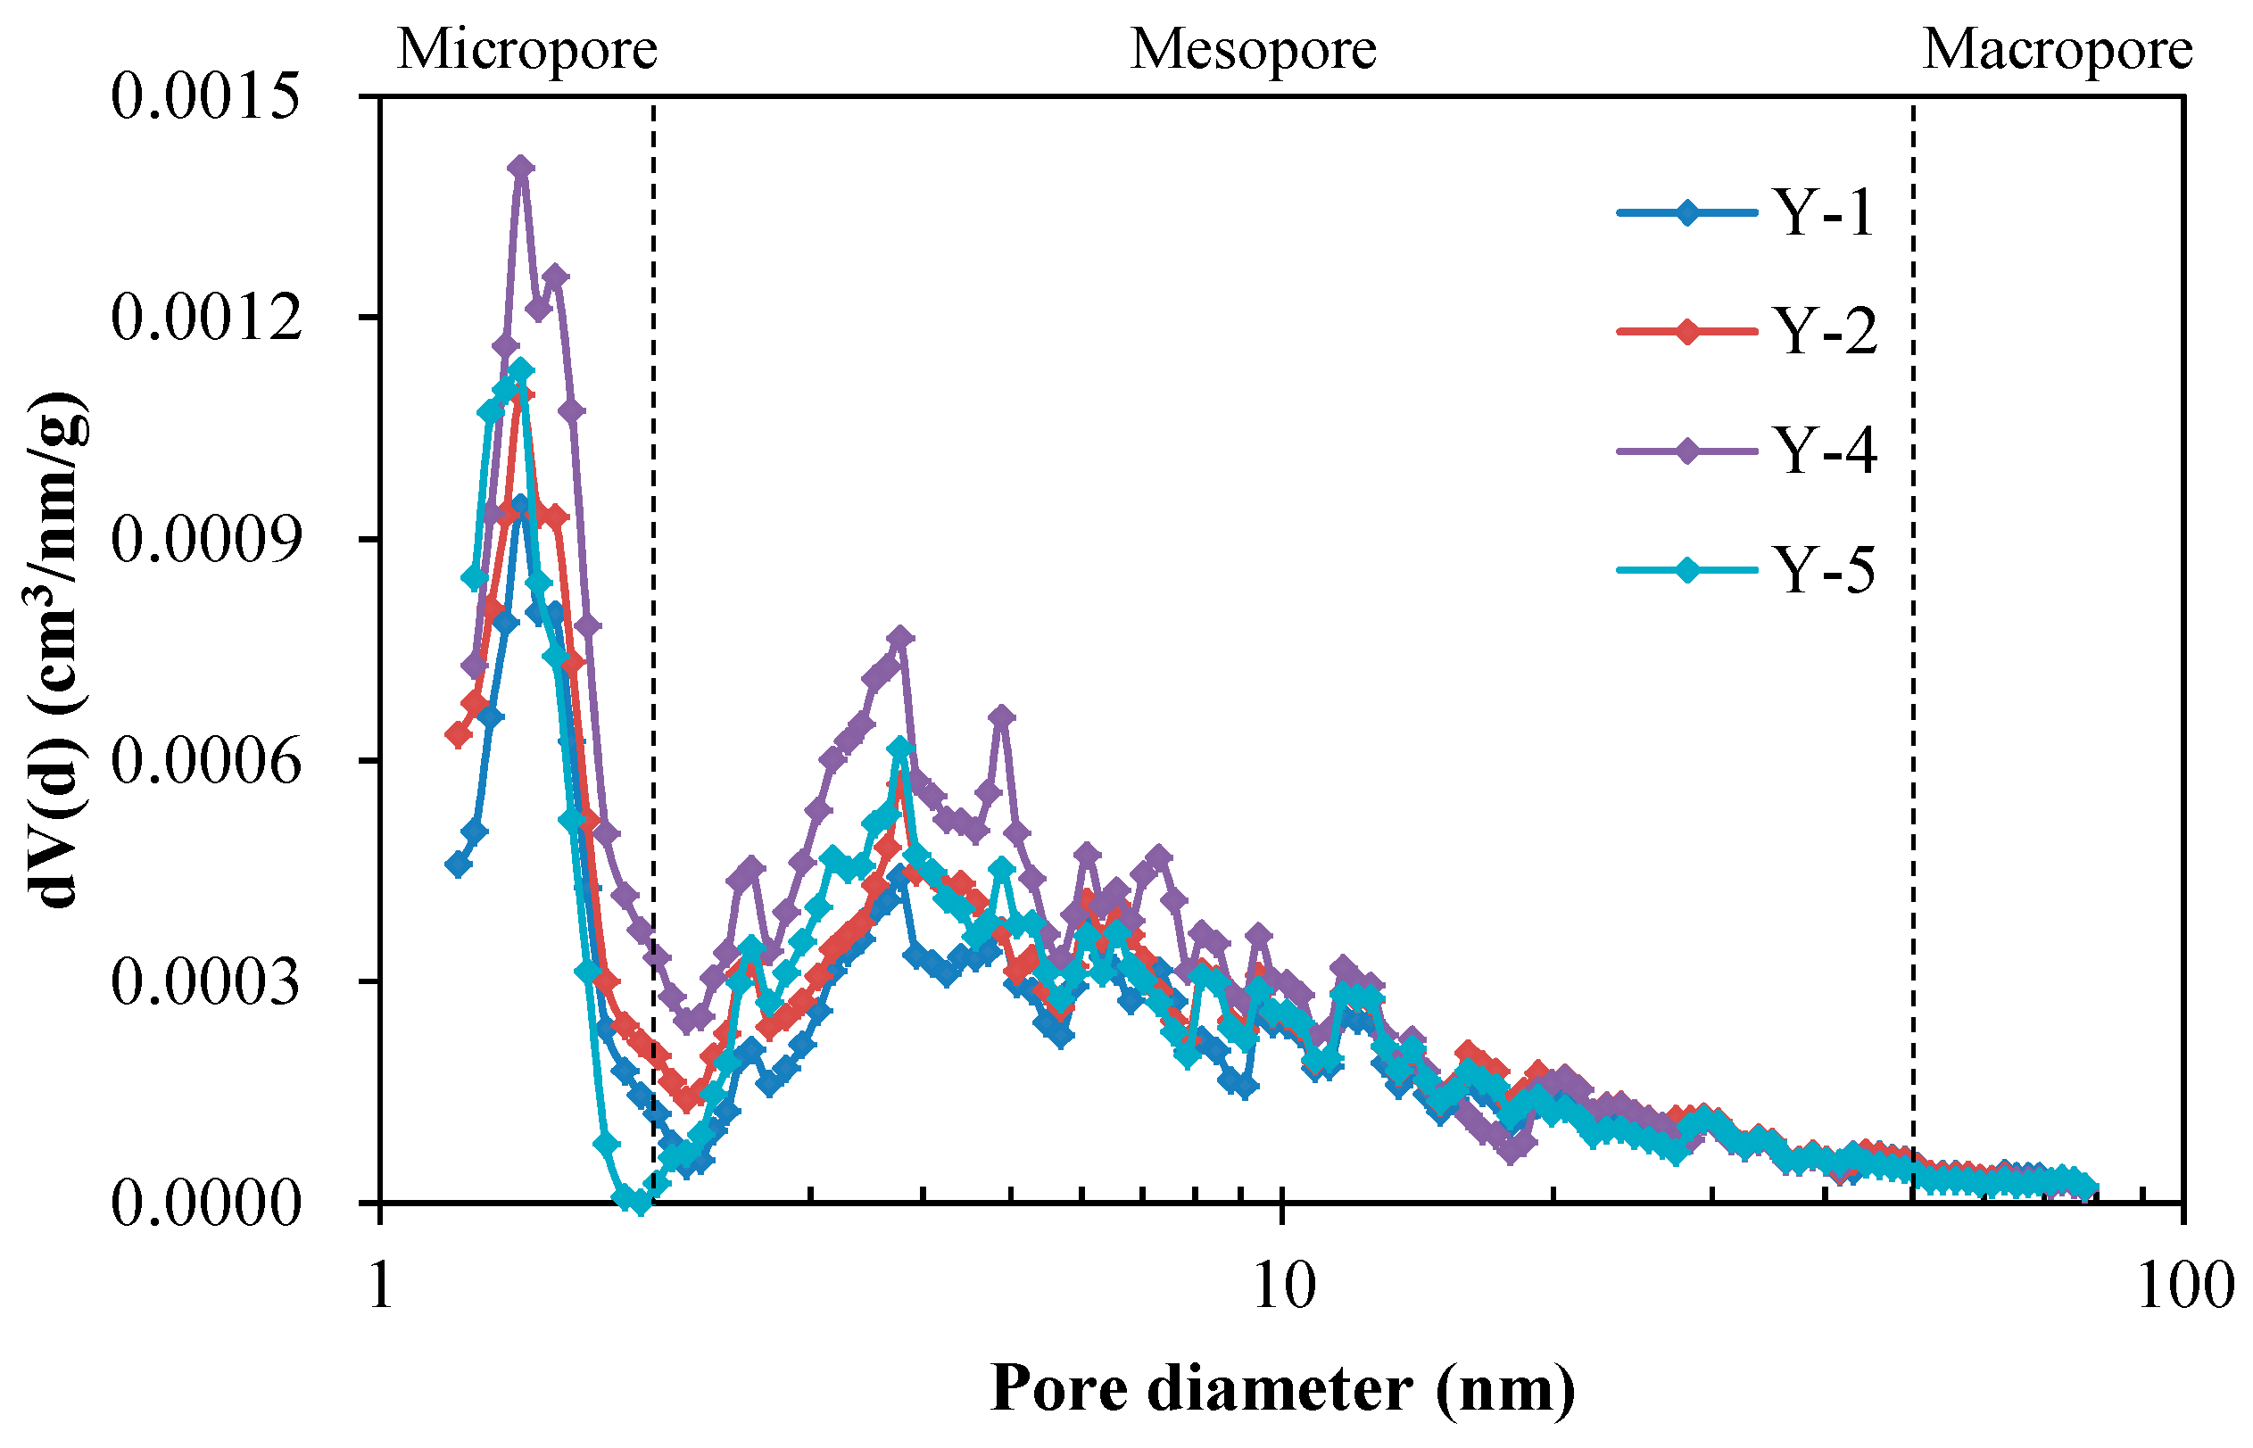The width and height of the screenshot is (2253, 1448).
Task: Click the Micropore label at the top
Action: [526, 49]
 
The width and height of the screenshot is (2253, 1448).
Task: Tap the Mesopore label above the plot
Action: [1253, 49]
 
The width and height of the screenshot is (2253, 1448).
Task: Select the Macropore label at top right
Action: [2058, 49]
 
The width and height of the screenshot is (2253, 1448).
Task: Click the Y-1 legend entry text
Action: [1823, 212]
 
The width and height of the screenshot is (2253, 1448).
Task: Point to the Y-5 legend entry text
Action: [1824, 569]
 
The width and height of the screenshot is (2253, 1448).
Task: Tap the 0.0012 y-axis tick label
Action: [206, 317]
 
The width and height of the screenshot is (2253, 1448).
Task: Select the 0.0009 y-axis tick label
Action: [206, 539]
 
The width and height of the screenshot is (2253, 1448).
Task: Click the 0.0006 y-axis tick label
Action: [206, 760]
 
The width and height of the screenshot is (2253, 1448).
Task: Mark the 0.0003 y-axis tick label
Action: [206, 981]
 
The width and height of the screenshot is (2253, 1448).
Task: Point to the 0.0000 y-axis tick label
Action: [206, 1203]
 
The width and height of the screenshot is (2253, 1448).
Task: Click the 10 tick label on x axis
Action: [1283, 1286]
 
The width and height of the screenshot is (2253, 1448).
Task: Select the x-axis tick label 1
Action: [380, 1286]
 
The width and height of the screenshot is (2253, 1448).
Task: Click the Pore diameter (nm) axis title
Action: [1282, 1389]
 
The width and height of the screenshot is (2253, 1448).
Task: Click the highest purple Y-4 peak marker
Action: [522, 168]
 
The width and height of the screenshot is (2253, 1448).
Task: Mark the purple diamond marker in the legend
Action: [1687, 451]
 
